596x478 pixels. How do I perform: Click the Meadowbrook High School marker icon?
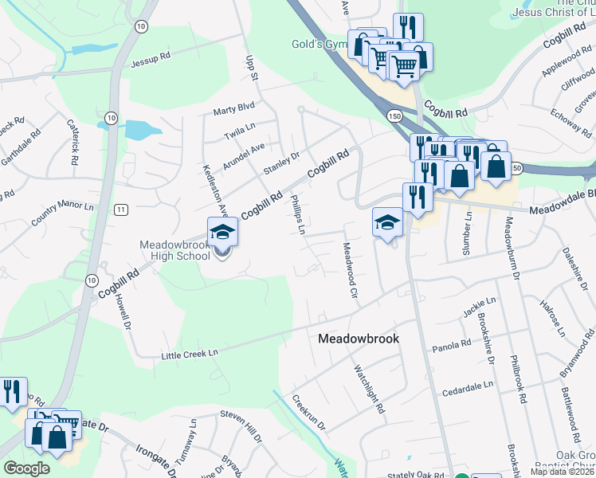222,233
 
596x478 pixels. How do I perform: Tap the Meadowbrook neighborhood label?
358,339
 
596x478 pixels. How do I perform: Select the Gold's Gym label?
316,44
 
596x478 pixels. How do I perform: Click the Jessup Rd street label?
151,59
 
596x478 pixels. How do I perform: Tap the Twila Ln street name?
239,127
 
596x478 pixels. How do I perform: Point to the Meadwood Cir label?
348,271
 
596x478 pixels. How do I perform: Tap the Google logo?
25,468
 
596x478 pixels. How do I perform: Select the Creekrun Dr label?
308,413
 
